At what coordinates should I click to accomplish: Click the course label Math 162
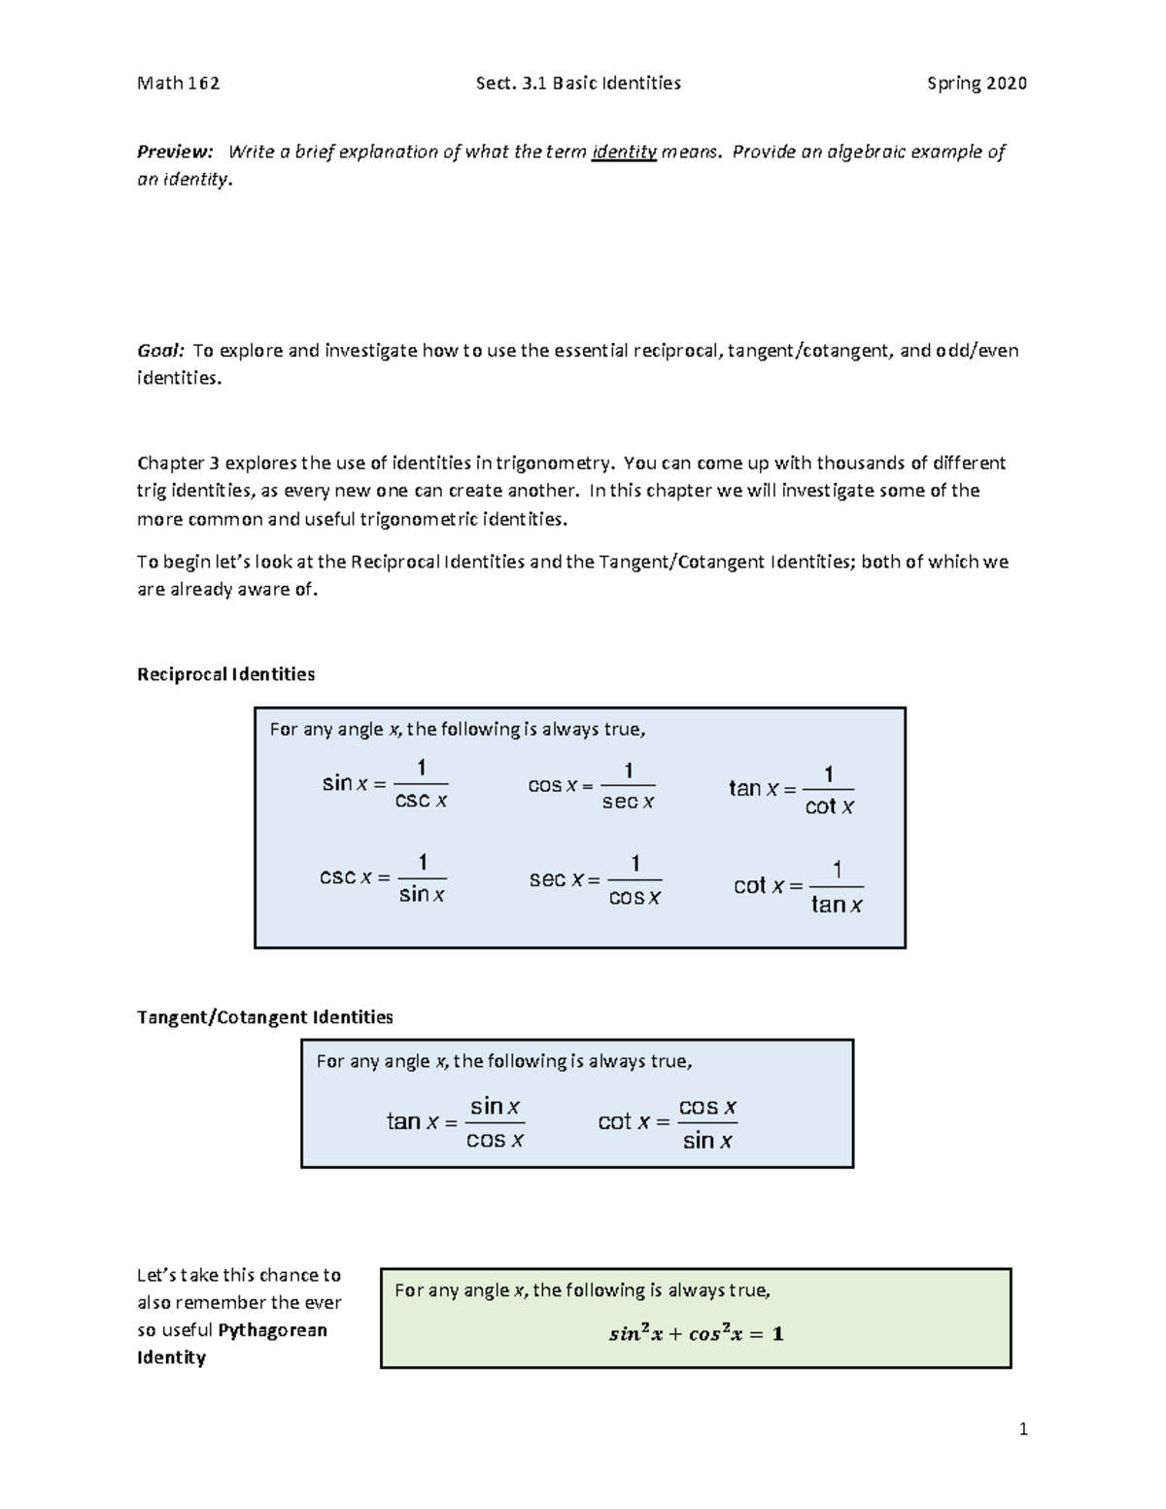point(178,84)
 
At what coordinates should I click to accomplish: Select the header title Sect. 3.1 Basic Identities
point(578,84)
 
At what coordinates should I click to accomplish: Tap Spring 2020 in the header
point(977,84)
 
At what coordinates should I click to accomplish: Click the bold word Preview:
point(175,152)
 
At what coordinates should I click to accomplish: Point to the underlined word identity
point(624,152)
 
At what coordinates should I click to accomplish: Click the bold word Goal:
point(160,351)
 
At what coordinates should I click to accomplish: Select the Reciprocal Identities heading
point(225,674)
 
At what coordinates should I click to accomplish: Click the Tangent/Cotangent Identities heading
point(264,1017)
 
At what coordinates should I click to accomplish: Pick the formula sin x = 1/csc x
point(385,784)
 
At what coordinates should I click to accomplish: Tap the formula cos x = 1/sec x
point(591,785)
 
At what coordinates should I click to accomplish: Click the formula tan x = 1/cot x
point(792,790)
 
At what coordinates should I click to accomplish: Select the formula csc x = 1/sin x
point(383,877)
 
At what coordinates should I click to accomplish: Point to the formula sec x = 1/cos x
point(595,879)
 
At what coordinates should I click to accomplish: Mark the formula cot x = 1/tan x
point(798,886)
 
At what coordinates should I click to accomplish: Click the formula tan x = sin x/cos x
point(456,1122)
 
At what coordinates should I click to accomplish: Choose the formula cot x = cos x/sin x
point(668,1122)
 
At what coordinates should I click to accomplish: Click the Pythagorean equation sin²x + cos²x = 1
point(696,1334)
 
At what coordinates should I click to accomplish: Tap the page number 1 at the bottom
point(1022,1428)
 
